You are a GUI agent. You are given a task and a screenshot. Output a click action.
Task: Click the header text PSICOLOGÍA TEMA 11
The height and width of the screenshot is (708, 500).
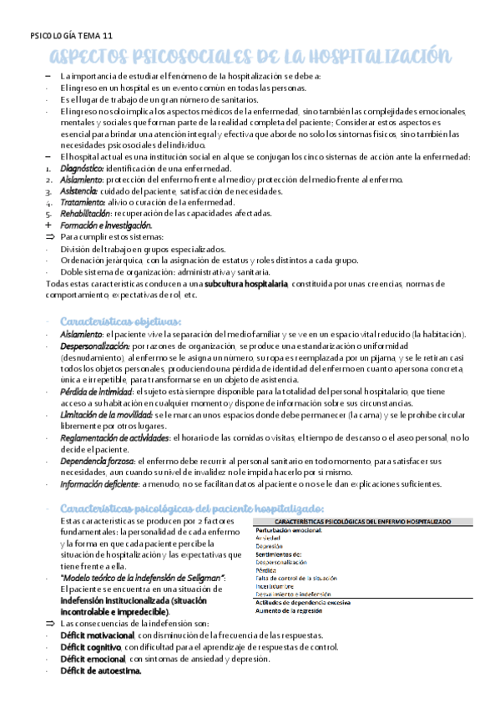(70, 37)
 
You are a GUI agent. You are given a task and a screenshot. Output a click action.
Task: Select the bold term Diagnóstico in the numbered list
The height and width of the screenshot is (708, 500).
(84, 168)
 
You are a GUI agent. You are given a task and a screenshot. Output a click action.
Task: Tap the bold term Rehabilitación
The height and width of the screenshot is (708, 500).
(87, 214)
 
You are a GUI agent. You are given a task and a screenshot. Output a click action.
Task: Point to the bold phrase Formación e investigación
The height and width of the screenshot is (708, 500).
(106, 225)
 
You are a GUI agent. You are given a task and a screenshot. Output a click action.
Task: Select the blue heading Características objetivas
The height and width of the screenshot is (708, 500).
(121, 321)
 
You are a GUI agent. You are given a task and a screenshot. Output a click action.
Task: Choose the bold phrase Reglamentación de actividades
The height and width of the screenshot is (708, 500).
(114, 437)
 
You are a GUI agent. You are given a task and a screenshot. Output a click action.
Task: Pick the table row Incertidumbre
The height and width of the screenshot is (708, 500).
(275, 585)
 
